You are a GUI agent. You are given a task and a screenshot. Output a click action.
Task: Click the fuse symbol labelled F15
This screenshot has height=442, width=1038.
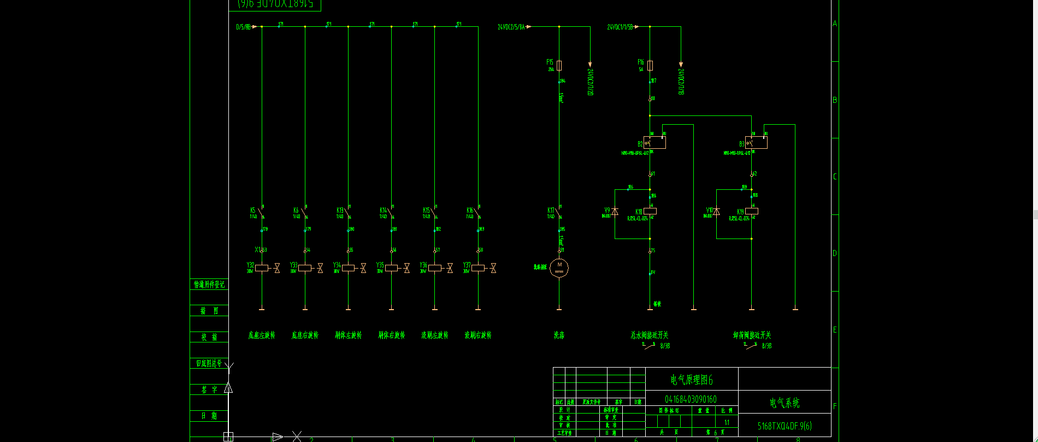tap(559, 65)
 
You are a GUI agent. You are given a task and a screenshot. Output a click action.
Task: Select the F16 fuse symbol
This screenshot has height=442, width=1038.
tap(650, 66)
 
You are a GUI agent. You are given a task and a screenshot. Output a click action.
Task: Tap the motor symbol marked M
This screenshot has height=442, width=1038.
tap(559, 267)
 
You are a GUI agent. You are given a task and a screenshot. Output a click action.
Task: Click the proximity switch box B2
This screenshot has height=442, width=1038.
tap(654, 142)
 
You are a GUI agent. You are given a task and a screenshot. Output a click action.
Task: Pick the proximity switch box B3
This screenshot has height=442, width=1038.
tap(756, 142)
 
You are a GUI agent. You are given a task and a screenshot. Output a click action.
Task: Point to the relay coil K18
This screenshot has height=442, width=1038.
tap(650, 211)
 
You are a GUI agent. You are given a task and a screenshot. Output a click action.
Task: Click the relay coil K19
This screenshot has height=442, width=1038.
tap(752, 211)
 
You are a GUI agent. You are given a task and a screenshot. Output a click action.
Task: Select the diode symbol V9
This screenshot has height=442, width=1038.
tap(615, 212)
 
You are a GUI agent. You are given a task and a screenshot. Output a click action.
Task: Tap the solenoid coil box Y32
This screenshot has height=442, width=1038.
tap(262, 268)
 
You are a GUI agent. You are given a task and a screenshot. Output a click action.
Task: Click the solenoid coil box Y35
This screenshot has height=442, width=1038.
tap(391, 268)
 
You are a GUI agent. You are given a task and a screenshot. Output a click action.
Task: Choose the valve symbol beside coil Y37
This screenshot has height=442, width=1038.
tap(493, 268)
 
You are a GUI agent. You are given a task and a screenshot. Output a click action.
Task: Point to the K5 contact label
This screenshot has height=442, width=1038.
tap(253, 210)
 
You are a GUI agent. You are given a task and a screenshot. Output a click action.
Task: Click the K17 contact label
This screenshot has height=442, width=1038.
tap(551, 210)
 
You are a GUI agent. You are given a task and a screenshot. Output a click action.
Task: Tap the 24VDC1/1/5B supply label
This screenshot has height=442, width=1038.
tap(620, 27)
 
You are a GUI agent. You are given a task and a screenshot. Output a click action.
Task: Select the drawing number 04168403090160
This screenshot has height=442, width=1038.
tap(691, 399)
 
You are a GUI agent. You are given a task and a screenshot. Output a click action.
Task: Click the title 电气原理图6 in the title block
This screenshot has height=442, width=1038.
tap(692, 380)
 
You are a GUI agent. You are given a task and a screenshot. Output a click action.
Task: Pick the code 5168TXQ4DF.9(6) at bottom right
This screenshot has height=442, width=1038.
tap(785, 426)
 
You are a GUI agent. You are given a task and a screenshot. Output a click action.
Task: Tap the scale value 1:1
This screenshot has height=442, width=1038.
tap(727, 422)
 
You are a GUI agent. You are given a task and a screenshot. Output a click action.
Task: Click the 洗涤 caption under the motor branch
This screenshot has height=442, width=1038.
tap(559, 335)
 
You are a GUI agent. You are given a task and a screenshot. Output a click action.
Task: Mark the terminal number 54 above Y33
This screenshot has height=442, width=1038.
tap(308, 250)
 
